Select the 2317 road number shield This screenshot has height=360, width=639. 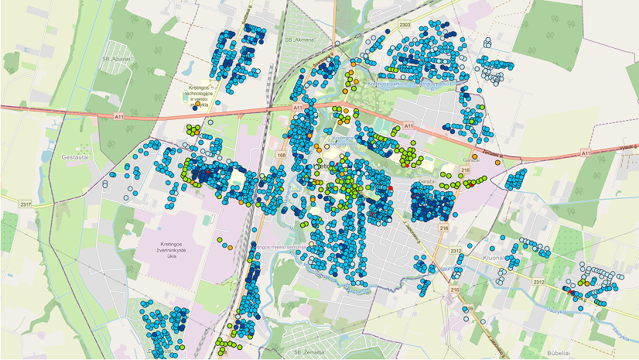tap(26, 204)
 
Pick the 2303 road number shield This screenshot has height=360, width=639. tap(404, 26)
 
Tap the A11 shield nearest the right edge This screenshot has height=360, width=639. tap(585, 153)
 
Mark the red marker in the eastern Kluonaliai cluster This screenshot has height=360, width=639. tap(572, 292)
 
